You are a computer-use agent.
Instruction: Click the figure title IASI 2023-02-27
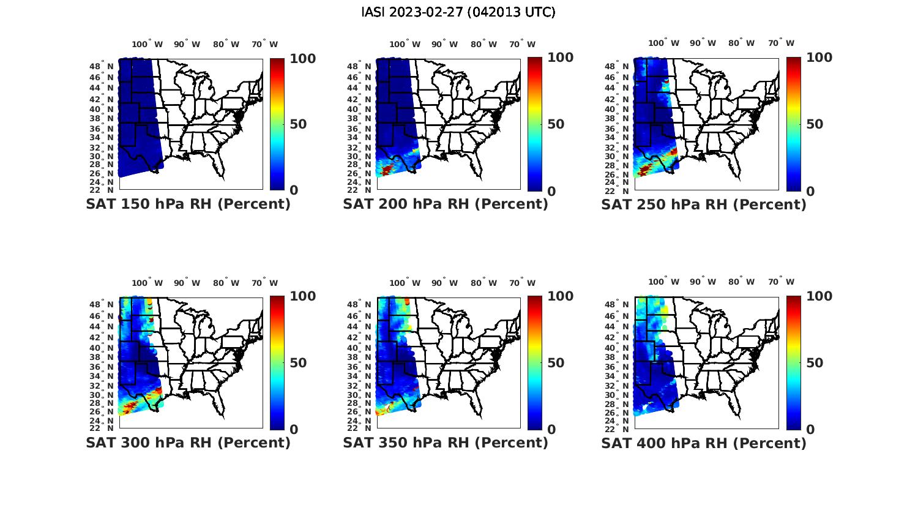click(x=458, y=12)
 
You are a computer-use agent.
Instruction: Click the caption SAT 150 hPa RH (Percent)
click(x=188, y=204)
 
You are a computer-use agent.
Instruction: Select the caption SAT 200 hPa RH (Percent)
click(x=446, y=204)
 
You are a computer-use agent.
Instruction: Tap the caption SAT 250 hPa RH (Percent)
click(x=704, y=204)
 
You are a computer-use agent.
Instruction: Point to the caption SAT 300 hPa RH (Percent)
click(x=188, y=443)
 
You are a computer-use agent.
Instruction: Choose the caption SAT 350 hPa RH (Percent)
click(x=446, y=443)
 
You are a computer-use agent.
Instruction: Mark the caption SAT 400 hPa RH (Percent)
click(x=704, y=443)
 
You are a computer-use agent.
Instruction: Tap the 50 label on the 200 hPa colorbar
click(x=556, y=124)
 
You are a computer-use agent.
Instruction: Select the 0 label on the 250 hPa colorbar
click(x=810, y=191)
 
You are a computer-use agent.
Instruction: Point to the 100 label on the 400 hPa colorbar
click(x=819, y=296)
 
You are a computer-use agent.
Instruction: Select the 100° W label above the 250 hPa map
click(x=663, y=43)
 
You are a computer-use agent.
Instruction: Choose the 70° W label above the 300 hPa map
click(x=264, y=283)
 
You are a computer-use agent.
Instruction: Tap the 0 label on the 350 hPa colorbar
click(x=551, y=429)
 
